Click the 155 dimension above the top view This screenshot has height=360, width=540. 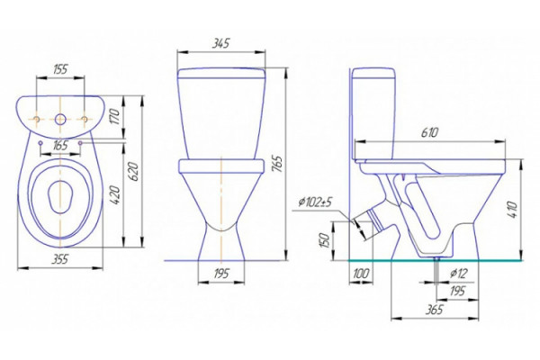pos(60,69)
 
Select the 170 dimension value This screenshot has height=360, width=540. pos(115,116)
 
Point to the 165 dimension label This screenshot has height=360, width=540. pos(60,146)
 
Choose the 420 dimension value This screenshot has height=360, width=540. pos(115,195)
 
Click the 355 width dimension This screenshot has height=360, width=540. pos(60,259)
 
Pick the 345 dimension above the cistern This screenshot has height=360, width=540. pos(220,43)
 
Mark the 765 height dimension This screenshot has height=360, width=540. pos(277,164)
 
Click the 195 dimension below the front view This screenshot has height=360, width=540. pos(221,274)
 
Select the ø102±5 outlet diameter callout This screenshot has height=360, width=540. pos(315,202)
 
